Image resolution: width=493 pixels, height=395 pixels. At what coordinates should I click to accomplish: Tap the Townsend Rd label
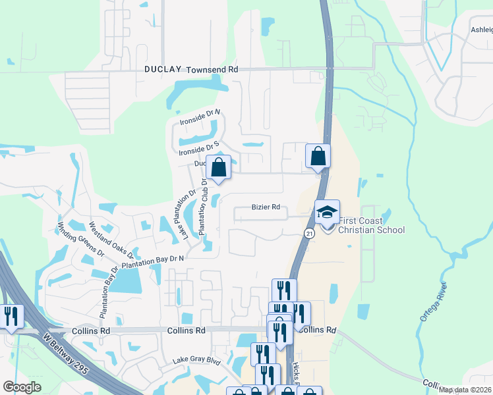(212, 69)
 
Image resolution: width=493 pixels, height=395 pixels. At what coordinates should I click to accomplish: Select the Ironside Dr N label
(200, 118)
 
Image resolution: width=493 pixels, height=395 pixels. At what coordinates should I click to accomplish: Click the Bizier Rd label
(266, 207)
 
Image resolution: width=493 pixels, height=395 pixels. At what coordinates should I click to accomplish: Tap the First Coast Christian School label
(370, 225)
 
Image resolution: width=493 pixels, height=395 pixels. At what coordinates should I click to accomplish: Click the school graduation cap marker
(327, 212)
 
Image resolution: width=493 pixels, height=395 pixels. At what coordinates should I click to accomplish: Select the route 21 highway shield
(308, 234)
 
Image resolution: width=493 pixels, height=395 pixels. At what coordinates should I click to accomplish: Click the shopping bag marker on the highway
(318, 157)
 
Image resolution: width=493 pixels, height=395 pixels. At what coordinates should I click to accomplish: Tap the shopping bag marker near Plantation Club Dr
(219, 167)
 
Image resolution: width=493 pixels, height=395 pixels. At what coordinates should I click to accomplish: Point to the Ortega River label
(434, 302)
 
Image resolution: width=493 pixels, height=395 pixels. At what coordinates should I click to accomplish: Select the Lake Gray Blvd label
(196, 361)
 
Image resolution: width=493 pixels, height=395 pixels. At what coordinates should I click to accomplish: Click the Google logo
(22, 387)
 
